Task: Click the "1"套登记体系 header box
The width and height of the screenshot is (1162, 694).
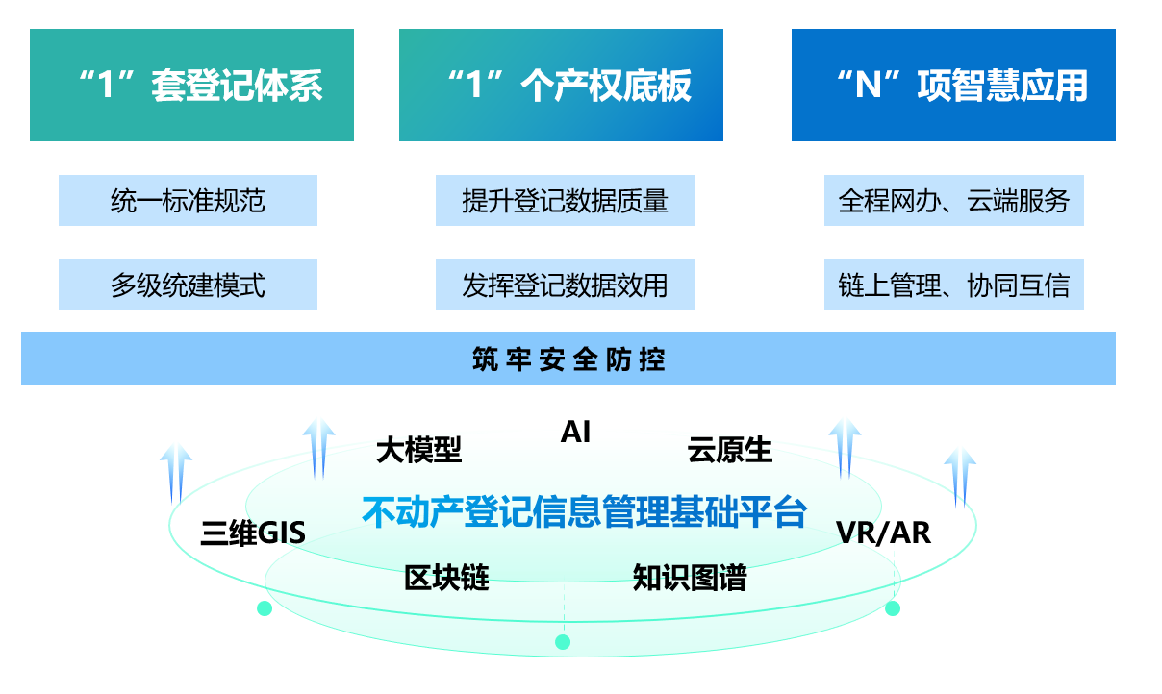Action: [x=191, y=86]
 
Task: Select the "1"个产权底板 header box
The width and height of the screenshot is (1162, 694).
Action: [x=561, y=86]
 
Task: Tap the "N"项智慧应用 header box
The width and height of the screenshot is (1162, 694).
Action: [x=953, y=86]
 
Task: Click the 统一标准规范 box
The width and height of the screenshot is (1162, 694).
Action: [x=188, y=200]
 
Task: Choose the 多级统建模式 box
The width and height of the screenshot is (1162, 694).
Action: [x=188, y=285]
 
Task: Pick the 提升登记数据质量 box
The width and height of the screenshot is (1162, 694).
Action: [x=565, y=200]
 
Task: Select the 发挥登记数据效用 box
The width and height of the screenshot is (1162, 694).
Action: [x=565, y=285]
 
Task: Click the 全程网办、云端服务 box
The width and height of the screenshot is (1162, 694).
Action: [x=953, y=200]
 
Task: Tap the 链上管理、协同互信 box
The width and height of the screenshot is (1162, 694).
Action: [x=953, y=285]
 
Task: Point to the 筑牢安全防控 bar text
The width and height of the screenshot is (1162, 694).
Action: [x=568, y=359]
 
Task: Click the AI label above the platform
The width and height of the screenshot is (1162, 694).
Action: [x=575, y=433]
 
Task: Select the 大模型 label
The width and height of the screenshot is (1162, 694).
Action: [x=418, y=449]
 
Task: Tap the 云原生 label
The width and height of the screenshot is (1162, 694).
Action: [x=729, y=449]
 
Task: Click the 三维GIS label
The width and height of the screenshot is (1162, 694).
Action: [x=253, y=533]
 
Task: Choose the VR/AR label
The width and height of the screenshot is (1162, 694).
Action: [x=883, y=532]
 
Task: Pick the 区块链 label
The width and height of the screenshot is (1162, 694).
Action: [x=446, y=578]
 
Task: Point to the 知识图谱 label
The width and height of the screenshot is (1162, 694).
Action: [x=689, y=578]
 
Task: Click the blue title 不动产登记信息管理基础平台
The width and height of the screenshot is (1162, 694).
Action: [x=584, y=511]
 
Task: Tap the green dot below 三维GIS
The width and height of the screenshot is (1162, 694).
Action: [x=265, y=608]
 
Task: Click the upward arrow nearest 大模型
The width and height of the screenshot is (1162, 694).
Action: [x=319, y=447]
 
